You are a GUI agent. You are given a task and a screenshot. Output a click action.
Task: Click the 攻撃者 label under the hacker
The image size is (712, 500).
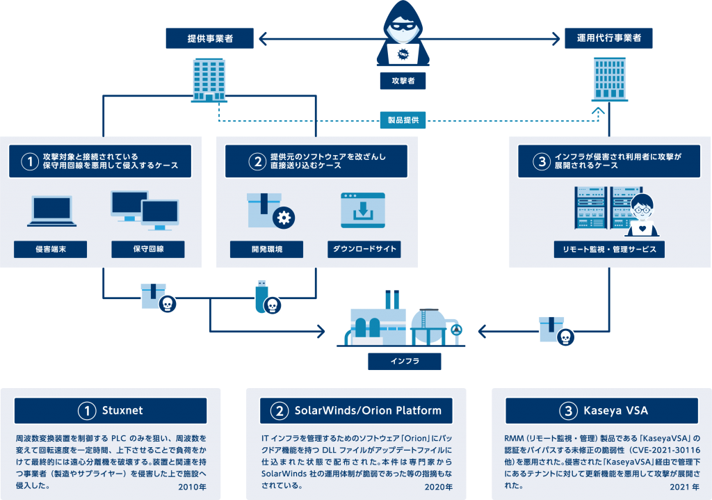click(x=402, y=81)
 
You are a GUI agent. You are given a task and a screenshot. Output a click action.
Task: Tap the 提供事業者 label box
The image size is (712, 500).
click(x=209, y=38)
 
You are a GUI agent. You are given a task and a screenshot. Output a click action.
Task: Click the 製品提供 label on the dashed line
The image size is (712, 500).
click(x=403, y=120)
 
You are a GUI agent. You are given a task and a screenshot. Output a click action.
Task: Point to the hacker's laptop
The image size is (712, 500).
click(x=402, y=53)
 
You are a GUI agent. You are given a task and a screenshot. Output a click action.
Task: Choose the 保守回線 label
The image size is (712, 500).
click(x=147, y=249)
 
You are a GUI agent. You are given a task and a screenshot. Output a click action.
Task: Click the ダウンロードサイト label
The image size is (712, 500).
click(x=364, y=249)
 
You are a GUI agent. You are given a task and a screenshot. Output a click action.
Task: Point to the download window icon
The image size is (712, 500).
click(x=362, y=210)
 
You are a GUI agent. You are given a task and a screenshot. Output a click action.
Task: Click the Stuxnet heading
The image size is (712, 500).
click(x=111, y=410)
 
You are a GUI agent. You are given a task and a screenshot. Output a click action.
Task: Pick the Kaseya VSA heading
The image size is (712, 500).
click(x=602, y=410)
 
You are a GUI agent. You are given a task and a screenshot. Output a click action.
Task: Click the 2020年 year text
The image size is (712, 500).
click(x=438, y=487)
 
